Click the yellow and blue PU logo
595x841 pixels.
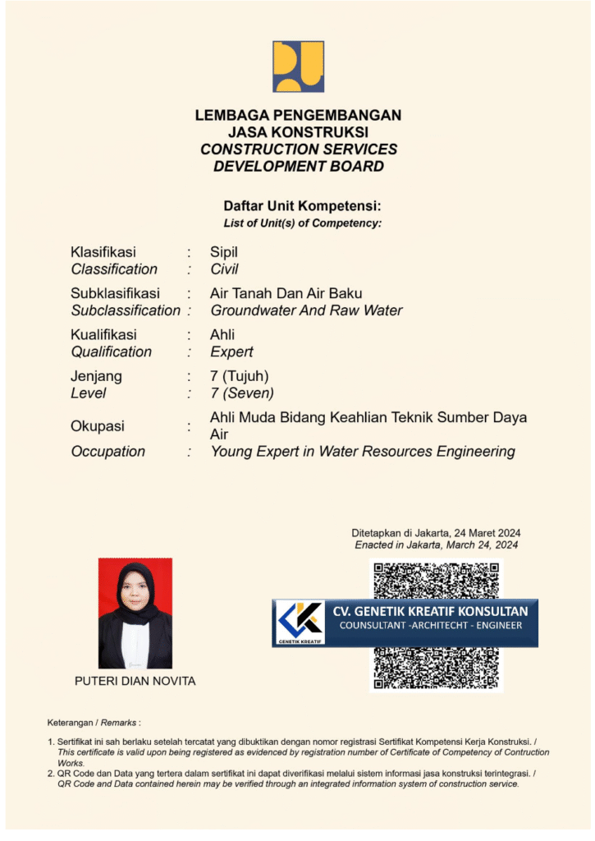pyautogui.click(x=298, y=67)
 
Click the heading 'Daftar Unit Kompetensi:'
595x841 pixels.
pyautogui.click(x=302, y=206)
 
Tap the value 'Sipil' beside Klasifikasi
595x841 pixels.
pyautogui.click(x=223, y=252)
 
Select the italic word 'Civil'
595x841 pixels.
pyautogui.click(x=224, y=269)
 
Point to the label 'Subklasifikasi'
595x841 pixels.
pyautogui.click(x=115, y=293)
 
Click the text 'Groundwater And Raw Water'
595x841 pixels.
pyautogui.click(x=306, y=310)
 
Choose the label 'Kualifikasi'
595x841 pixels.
pyautogui.click(x=103, y=334)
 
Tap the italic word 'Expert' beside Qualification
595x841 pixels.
pyautogui.click(x=231, y=352)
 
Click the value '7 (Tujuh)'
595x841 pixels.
pyautogui.click(x=239, y=376)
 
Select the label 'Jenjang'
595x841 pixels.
pyautogui.click(x=96, y=376)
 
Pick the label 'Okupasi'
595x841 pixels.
pyautogui.click(x=97, y=426)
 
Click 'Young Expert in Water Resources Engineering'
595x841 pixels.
pyautogui.click(x=363, y=451)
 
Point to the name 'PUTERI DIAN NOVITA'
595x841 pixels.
pyautogui.click(x=135, y=681)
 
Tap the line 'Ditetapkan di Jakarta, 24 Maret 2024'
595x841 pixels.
pyautogui.click(x=436, y=532)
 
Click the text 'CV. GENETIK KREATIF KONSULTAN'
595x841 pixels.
pyautogui.click(x=429, y=611)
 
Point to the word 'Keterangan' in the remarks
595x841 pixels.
pyautogui.click(x=71, y=723)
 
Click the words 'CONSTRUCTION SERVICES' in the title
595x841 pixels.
pyautogui.click(x=299, y=149)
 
